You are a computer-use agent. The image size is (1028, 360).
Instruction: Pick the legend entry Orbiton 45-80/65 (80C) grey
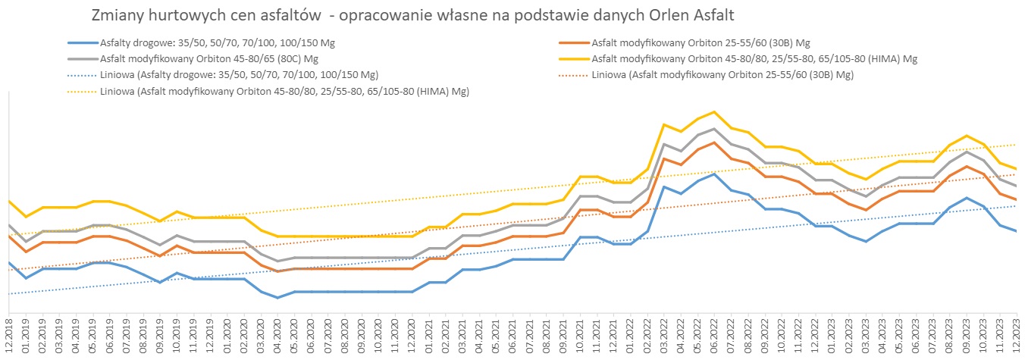(x=208, y=59)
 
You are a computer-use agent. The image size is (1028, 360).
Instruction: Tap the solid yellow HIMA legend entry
(x=754, y=59)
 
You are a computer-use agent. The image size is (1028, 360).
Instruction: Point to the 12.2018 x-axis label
(x=9, y=338)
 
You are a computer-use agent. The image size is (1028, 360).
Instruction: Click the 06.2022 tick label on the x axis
(x=714, y=338)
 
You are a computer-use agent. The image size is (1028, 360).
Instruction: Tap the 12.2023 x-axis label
(x=1017, y=338)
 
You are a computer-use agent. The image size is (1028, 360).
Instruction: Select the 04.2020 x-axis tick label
(x=277, y=338)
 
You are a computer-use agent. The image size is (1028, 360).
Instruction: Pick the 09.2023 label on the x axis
(x=967, y=338)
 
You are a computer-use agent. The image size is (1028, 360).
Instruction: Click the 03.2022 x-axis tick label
(x=664, y=338)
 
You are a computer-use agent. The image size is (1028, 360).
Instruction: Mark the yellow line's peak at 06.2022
(x=714, y=112)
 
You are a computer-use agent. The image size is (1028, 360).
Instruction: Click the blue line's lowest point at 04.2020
(x=277, y=298)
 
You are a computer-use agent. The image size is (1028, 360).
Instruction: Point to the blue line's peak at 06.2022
(x=714, y=174)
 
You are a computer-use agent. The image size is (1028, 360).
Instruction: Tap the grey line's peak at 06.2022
(x=714, y=129)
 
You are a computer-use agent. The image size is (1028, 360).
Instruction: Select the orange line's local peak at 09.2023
(x=967, y=166)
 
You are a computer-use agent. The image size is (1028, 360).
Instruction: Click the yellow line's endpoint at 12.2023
(x=1017, y=169)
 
